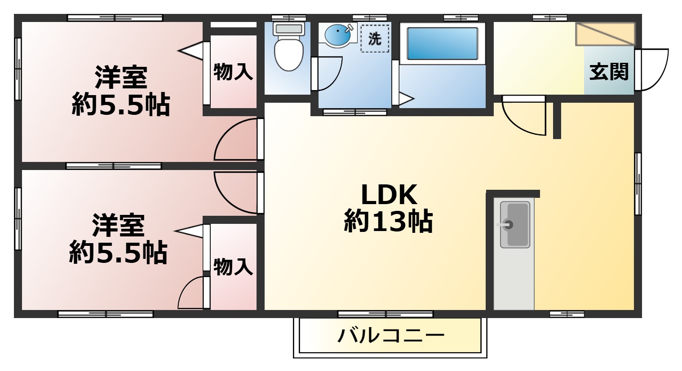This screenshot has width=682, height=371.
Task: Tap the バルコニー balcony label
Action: tap(391, 335)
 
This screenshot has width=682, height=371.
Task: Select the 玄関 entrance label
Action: tap(608, 72)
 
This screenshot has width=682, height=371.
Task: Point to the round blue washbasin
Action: tap(337, 35)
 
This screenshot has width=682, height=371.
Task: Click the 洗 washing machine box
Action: tap(374, 39)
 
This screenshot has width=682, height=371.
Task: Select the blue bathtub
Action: tap(442, 44)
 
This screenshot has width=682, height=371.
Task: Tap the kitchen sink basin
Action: tap(514, 224)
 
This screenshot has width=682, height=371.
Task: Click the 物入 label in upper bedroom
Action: tap(233, 72)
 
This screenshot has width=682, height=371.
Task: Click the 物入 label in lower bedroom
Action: tap(233, 267)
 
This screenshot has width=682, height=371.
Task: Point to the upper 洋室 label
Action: tap(121, 77)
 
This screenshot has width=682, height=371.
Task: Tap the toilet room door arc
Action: tap(328, 74)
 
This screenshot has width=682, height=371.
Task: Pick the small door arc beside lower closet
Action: tap(192, 293)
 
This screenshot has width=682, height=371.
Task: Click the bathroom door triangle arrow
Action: tap(405, 99)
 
